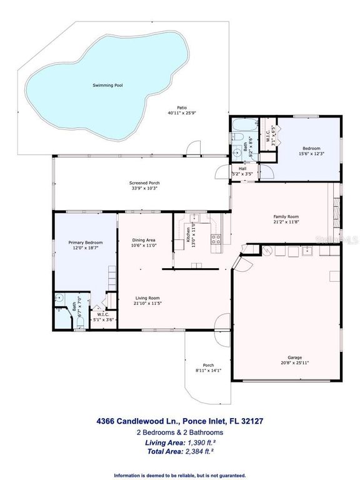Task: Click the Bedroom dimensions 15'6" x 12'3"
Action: tap(311, 153)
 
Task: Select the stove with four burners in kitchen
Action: tap(216, 238)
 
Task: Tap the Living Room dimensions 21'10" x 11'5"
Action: tap(148, 304)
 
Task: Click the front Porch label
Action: tap(209, 366)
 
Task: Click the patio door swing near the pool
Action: tap(195, 149)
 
